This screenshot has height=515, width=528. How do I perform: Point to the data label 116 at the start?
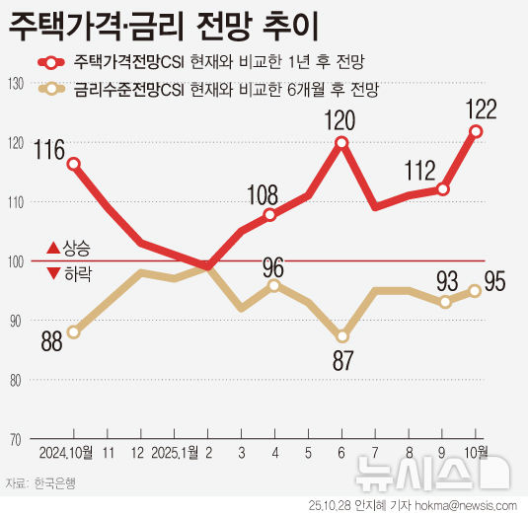(47, 150)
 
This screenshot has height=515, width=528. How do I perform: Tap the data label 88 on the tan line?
(53, 341)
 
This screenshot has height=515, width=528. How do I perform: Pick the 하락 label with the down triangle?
(68, 273)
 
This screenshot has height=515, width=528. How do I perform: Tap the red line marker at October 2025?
(477, 131)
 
